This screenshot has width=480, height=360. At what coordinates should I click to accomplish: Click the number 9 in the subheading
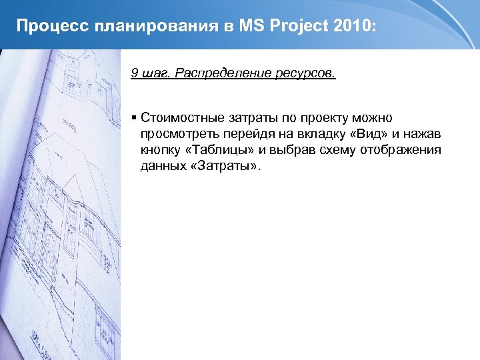135,73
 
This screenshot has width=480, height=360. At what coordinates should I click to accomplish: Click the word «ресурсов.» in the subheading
305,73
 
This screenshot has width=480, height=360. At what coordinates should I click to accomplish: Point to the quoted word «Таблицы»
219,150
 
